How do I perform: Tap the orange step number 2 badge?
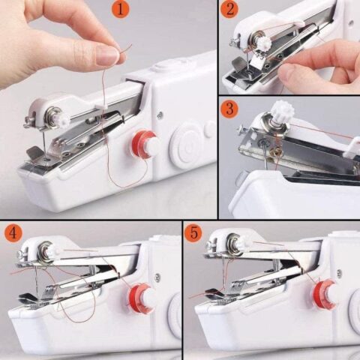[230, 10]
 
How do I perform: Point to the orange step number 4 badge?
[13, 232]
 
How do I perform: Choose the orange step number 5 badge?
[193, 232]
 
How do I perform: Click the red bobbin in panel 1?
[144, 144]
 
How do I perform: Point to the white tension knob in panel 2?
[263, 43]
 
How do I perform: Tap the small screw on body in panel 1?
[159, 115]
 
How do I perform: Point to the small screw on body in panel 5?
[339, 273]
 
